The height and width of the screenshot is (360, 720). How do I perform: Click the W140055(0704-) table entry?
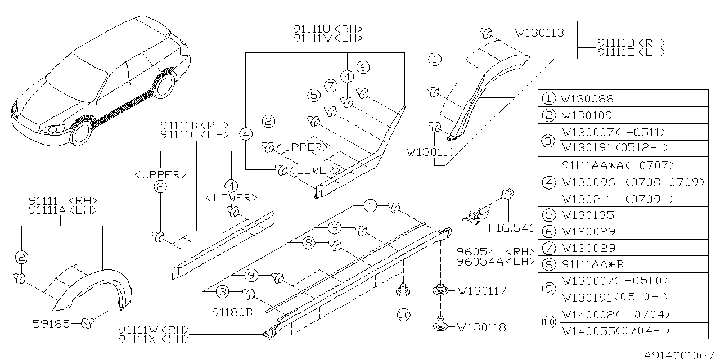pos(615,331)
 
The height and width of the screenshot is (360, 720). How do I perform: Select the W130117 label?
pos(481,291)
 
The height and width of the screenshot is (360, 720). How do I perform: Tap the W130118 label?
pos(481,327)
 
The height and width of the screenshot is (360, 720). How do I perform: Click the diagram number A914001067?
pos(680,354)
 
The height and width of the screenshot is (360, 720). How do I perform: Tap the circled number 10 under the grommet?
pos(403,316)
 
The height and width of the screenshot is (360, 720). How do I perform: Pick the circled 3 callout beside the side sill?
pos(223,292)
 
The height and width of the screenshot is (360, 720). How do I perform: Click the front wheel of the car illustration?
pos(83,132)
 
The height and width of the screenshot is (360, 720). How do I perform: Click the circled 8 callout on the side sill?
pos(308,244)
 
